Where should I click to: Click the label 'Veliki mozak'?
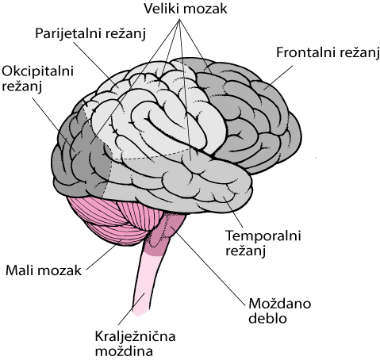[186, 9]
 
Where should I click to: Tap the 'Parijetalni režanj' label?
[90, 34]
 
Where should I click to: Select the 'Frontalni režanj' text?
[328, 53]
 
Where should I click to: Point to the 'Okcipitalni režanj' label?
[37, 79]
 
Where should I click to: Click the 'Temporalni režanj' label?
[263, 243]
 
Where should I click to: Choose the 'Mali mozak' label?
[44, 270]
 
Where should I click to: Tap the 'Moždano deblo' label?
[279, 311]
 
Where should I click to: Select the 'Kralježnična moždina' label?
[135, 343]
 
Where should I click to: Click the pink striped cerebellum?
[111, 220]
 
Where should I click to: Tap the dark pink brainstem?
[164, 232]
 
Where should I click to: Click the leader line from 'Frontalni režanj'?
[278, 77]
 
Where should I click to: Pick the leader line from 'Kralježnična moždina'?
[132, 308]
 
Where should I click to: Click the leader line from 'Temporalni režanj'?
[233, 212]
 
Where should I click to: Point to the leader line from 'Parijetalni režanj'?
[95, 64]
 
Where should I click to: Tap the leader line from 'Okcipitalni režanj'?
[53, 124]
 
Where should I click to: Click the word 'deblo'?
[267, 318]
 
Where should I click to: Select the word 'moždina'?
[124, 351]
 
